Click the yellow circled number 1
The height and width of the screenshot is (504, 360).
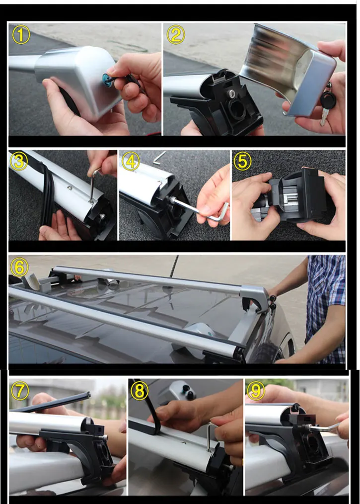point(21,35)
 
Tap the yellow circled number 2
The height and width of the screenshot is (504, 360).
point(176,35)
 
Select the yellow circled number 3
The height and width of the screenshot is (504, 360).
point(19,161)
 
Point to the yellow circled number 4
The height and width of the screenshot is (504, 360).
point(131,161)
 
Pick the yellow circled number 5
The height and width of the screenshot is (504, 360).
point(242,161)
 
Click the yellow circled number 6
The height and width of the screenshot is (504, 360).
point(19,267)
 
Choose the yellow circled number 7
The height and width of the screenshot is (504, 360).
point(19,391)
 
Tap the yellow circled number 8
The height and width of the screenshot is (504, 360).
point(140,391)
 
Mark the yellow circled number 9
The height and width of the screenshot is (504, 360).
point(256,391)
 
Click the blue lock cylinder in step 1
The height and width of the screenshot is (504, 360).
point(106,78)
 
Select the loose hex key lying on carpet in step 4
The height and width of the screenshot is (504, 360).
point(159,158)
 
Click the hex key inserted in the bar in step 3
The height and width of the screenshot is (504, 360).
point(93,186)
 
